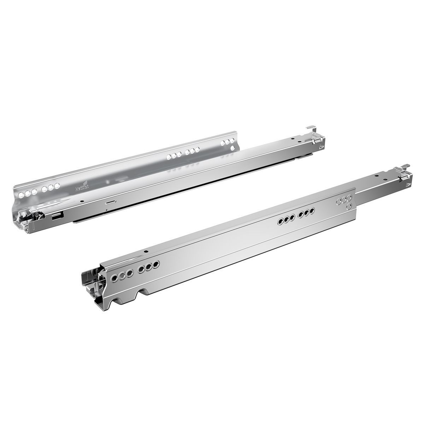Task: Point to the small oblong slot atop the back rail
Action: (x=111, y=202)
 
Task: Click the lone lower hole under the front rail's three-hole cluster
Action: (x=349, y=206)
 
